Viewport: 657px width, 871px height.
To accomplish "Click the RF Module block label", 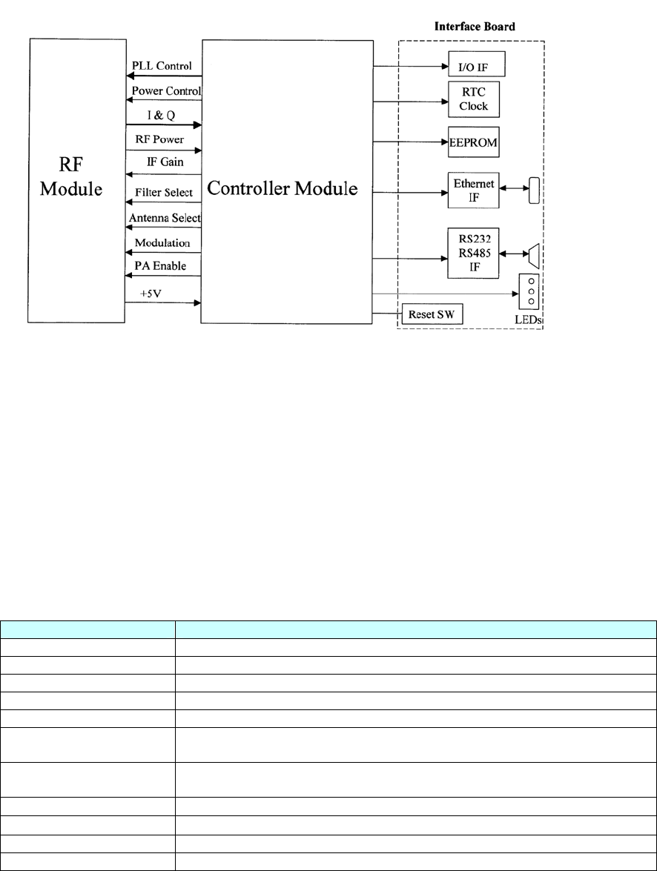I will pyautogui.click(x=77, y=177).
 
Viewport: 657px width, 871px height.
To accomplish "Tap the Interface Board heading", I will pyautogui.click(x=475, y=27).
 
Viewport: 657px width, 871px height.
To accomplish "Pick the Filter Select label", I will pyautogui.click(x=163, y=193).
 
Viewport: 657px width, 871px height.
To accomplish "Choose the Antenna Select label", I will pyautogui.click(x=165, y=219).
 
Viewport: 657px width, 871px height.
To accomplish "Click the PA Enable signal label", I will pyautogui.click(x=159, y=265).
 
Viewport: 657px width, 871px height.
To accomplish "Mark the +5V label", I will pyautogui.click(x=151, y=294).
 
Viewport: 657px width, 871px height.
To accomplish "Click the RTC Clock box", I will pyautogui.click(x=474, y=99).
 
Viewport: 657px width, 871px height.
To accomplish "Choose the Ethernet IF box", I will pyautogui.click(x=474, y=189).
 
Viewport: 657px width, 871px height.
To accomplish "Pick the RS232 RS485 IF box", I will pyautogui.click(x=474, y=254).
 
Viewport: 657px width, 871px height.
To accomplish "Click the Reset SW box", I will pyautogui.click(x=431, y=315).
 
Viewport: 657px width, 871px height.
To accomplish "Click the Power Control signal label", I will pyautogui.click(x=167, y=91).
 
